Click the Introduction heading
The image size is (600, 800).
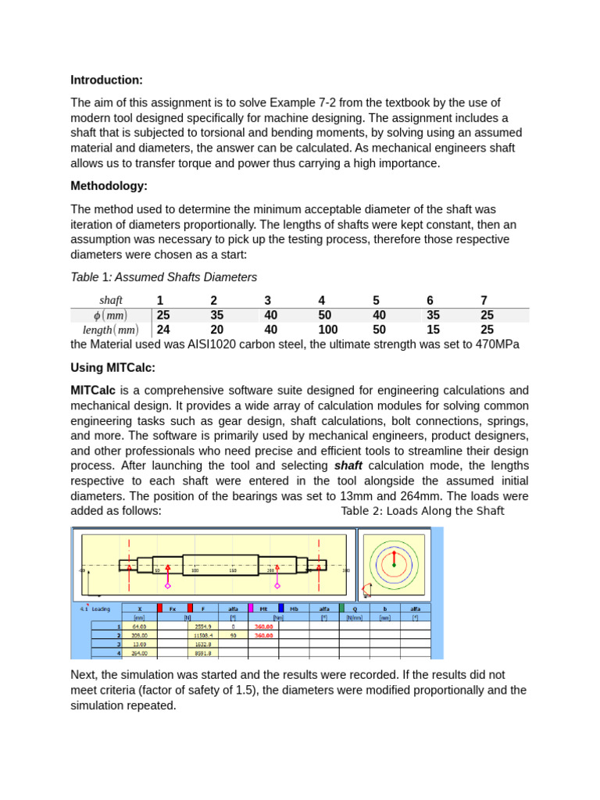tap(106, 80)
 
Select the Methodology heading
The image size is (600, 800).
tap(109, 186)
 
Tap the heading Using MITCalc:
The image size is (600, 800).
tap(113, 367)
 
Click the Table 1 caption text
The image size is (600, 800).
tap(163, 277)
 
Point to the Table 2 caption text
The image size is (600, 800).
tap(423, 511)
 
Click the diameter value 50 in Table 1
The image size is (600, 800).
tap(325, 315)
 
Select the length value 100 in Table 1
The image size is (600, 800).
tap(328, 330)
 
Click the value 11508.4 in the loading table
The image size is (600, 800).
tap(203, 635)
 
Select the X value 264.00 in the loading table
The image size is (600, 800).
tap(140, 653)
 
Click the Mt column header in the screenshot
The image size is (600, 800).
tap(264, 608)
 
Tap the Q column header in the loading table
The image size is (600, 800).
tap(355, 608)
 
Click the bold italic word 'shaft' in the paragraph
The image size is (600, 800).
tap(348, 466)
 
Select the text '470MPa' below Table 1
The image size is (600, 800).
tap(497, 345)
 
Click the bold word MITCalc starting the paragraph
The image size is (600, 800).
tap(94, 390)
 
